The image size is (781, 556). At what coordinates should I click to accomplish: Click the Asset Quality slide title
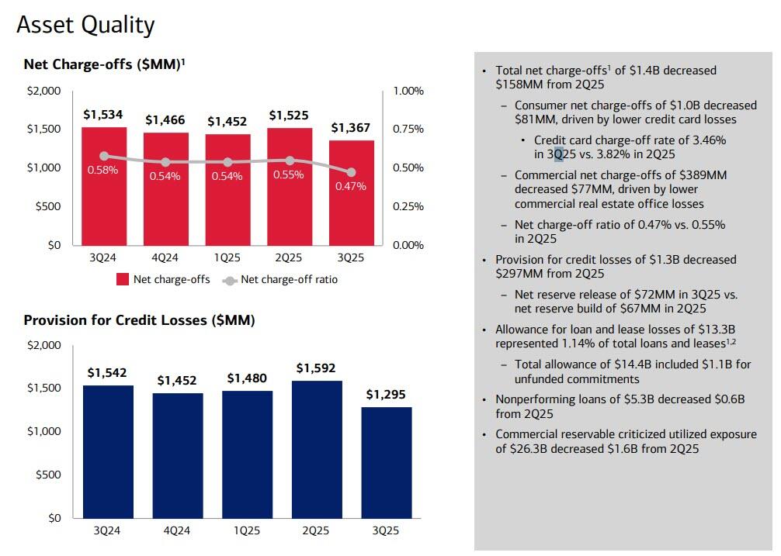(85, 25)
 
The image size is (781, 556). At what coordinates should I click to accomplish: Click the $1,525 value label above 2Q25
(289, 116)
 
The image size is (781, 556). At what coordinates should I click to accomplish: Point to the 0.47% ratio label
(351, 186)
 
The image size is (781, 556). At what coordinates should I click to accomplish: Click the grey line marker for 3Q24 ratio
(103, 156)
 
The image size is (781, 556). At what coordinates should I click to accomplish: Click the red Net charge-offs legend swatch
(122, 280)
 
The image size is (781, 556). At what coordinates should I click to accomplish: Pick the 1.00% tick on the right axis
(408, 91)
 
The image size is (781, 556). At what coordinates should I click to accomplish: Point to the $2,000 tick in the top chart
(43, 91)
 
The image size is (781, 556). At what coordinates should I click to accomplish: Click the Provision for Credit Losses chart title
(140, 319)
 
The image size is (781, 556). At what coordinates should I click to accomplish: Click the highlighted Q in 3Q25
(558, 154)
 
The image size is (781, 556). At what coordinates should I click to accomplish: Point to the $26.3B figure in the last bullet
(528, 448)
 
